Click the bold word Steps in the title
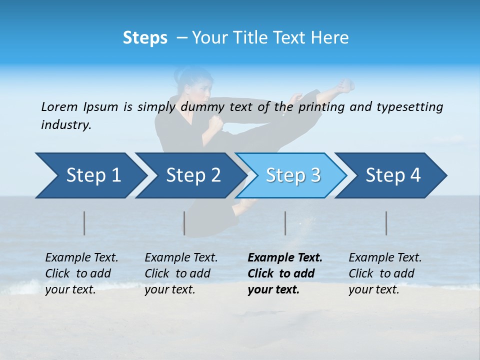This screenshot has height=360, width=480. pos(145,38)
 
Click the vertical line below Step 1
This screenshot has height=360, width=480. pos(84,223)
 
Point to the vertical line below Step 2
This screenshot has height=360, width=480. pos(184,223)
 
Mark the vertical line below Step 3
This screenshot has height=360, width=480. pos(285,223)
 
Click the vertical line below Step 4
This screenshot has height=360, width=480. pos(386,223)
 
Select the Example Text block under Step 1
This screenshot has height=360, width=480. pos(81,273)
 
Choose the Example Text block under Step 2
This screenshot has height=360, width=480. pos(181,273)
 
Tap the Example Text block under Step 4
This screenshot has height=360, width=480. pos(385,273)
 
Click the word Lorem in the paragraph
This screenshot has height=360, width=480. pos(59,107)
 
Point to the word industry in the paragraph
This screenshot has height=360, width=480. pos(66,125)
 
